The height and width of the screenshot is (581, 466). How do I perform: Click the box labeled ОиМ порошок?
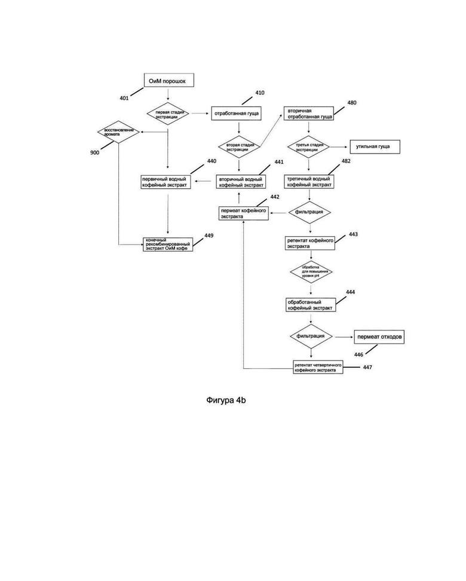(168, 81)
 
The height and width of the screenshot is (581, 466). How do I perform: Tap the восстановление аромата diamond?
(119, 132)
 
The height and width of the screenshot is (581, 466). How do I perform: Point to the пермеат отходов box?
(380, 337)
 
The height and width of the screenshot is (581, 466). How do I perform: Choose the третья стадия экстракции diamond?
(308, 146)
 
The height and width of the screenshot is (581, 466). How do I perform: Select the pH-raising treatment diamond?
(310, 271)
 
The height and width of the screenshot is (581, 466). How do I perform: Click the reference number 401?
(124, 97)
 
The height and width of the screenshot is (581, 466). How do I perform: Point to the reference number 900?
(94, 153)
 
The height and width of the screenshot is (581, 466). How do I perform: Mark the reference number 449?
(209, 236)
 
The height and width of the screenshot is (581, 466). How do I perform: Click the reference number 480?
(351, 103)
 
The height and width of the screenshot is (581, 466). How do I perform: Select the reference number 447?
(367, 367)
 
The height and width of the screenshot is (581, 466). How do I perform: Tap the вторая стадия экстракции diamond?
(239, 146)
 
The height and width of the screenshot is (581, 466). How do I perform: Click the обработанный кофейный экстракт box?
(310, 304)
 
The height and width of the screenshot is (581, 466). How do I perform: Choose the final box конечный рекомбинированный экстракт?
(168, 244)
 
